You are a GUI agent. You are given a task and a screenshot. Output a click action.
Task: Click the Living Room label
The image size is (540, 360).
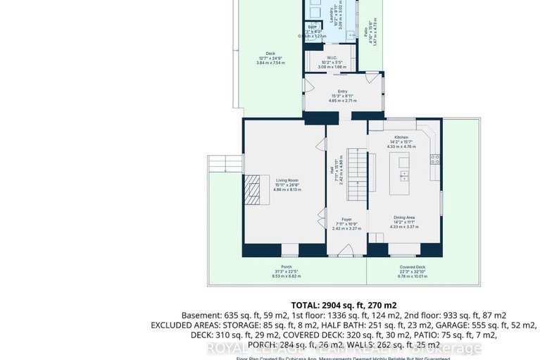click(x=284, y=181)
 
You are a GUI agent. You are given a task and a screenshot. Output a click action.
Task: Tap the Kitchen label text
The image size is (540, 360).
click(x=401, y=138)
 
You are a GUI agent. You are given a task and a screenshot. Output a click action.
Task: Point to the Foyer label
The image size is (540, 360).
click(x=346, y=220)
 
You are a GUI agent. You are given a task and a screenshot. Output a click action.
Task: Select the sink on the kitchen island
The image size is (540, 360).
click(x=405, y=173)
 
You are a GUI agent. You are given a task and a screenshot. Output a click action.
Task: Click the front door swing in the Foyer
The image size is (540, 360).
click(x=345, y=249)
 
